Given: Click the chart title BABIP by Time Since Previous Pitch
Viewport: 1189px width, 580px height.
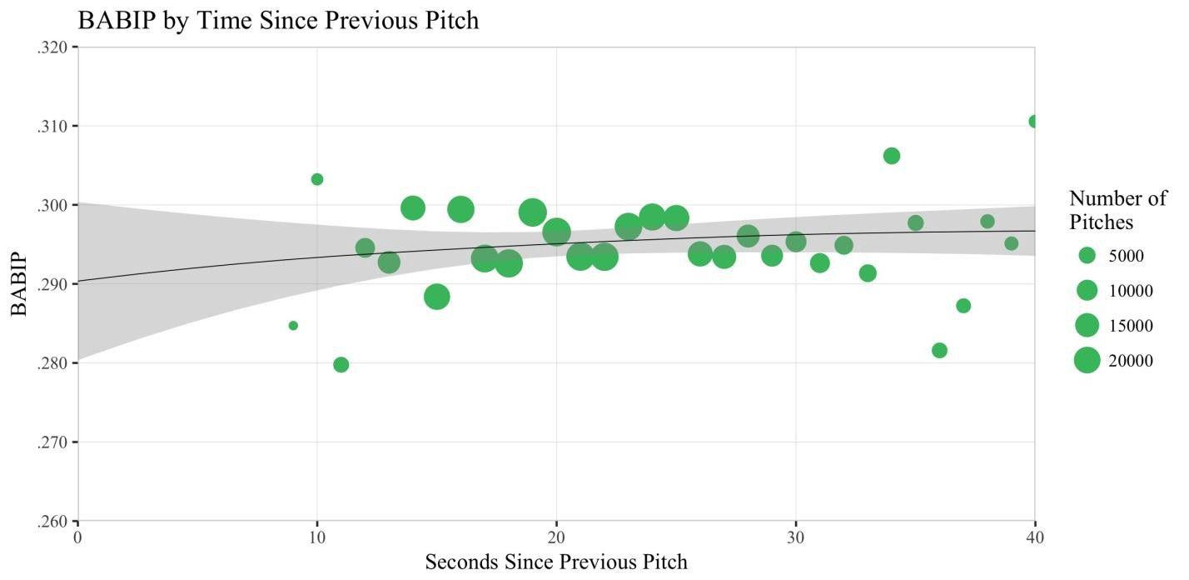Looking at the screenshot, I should (278, 20).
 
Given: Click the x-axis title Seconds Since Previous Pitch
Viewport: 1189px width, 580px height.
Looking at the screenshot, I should (556, 562).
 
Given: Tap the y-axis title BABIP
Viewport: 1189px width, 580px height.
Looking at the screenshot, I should (19, 283).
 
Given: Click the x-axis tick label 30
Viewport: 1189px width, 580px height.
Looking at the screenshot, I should (796, 537).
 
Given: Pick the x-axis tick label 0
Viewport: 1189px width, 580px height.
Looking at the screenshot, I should (78, 537).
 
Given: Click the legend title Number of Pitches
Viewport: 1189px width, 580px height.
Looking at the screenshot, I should (1117, 210).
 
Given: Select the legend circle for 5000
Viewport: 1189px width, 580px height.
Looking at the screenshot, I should (1087, 255).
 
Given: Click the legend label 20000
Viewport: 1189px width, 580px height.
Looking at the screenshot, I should (1131, 361).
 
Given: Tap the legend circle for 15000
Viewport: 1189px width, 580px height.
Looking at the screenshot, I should (1087, 325).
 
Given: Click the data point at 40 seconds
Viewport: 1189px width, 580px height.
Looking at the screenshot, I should (1034, 122).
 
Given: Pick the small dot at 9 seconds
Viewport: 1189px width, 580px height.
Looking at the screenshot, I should (293, 326).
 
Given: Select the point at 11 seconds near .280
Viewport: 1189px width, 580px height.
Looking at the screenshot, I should (341, 365).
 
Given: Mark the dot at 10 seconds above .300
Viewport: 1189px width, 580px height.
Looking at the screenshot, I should (317, 179).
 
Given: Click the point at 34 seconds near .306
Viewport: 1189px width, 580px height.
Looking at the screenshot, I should (892, 156).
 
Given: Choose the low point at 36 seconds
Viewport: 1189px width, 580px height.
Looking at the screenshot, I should (939, 350).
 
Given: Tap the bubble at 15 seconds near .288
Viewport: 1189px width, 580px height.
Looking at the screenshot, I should (437, 297).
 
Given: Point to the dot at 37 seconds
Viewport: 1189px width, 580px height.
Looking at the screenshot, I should (963, 306).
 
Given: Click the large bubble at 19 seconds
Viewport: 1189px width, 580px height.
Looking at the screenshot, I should (533, 212).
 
